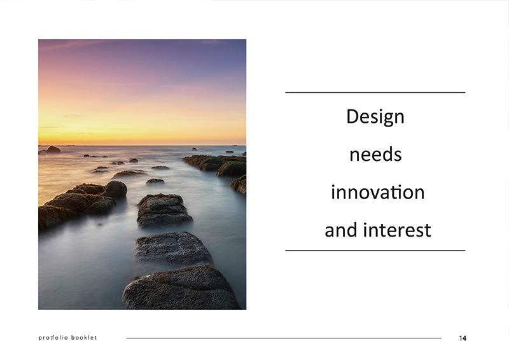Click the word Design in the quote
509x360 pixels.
[x=375, y=117]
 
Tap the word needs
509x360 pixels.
[x=375, y=155]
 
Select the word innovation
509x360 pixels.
[x=378, y=192]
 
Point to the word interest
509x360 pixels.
[x=397, y=230]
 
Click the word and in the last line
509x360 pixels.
[x=342, y=230]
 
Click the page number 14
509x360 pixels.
[x=463, y=338]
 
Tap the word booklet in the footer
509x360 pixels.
[x=84, y=338]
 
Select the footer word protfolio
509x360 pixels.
[x=53, y=338]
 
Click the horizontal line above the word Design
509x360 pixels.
[x=375, y=92]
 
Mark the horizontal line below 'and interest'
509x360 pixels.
[x=375, y=250]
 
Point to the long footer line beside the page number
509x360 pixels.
[x=284, y=338]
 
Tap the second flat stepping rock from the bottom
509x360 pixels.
[x=173, y=248]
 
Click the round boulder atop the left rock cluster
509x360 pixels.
[x=115, y=190]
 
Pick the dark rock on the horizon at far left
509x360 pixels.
[x=53, y=149]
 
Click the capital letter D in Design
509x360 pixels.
[x=353, y=116]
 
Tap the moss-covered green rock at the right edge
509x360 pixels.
[x=232, y=169]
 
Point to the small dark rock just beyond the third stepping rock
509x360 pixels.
[x=155, y=181]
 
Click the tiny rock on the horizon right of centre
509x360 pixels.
[x=194, y=149]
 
